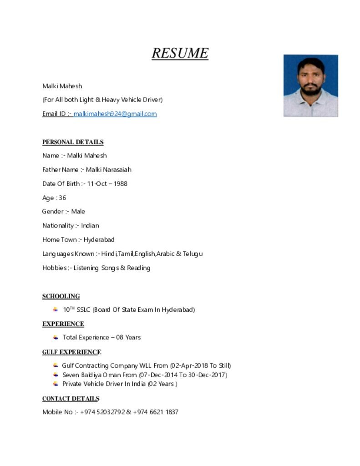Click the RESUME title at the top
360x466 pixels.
coord(180,53)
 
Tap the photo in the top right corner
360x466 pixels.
coord(310,86)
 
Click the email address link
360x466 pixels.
coord(115,114)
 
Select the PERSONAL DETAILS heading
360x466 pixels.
coord(73,142)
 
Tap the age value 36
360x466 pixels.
coord(62,198)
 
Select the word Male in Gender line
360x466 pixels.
coord(78,212)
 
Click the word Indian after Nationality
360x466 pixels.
coord(90,226)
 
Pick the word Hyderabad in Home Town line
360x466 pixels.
coord(99,240)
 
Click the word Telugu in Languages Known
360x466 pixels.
coord(193,254)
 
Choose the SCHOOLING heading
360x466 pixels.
coord(61,296)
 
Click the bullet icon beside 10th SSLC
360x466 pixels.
coord(55,309)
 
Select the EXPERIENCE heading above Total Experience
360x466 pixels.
coord(63,324)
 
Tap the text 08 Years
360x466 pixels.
coord(128,338)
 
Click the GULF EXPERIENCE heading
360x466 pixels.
coord(72,352)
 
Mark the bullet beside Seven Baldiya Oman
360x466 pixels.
coord(56,375)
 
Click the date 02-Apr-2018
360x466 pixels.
coord(189,365)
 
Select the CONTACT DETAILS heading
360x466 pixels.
coord(71,399)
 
